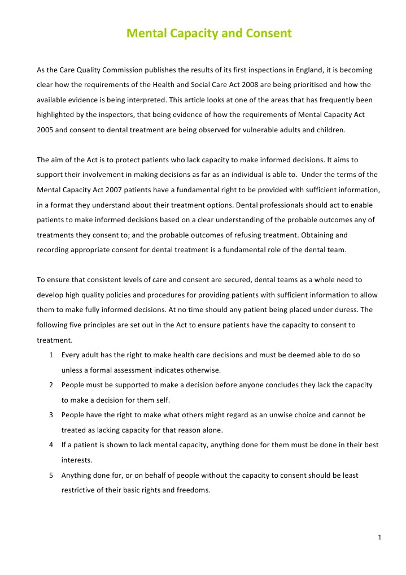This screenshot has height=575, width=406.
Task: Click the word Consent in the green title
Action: coord(269,33)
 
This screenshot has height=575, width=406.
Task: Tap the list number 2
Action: coord(51,384)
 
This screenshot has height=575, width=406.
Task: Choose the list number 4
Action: coord(51,445)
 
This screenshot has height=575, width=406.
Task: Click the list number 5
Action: coord(51,475)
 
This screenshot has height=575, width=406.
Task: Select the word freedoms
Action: coord(193,490)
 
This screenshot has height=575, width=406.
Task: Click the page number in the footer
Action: coord(380,537)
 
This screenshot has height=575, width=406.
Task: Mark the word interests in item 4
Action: coord(76,460)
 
